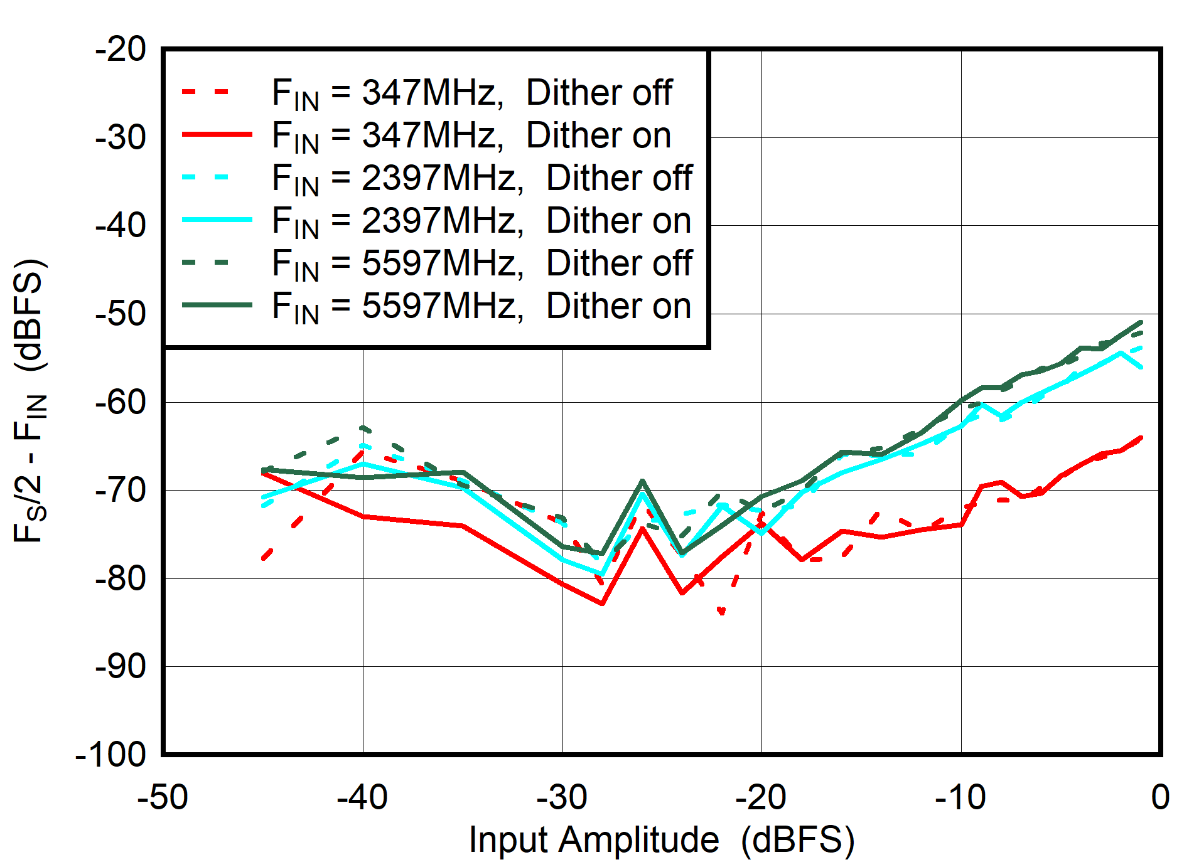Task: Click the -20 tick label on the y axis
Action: (x=121, y=50)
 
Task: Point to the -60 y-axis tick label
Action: (x=121, y=402)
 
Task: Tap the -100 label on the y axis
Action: (x=110, y=755)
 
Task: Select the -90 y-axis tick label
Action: (x=121, y=666)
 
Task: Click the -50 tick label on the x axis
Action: (x=163, y=798)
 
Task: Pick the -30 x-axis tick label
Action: (x=562, y=798)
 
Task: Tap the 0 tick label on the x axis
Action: (x=1160, y=798)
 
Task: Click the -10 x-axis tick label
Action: (x=960, y=798)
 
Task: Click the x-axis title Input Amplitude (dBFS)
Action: (x=661, y=840)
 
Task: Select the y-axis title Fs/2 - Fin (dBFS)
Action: (x=30, y=400)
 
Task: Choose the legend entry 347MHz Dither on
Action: (x=471, y=136)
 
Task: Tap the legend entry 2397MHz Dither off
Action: (x=481, y=179)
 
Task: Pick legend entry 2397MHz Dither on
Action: (x=481, y=221)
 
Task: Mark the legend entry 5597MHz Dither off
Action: (x=481, y=263)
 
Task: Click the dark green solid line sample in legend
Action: (x=217, y=306)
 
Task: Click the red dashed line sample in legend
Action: (x=207, y=92)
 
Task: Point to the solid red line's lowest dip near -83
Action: (x=602, y=604)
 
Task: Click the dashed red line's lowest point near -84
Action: (x=722, y=612)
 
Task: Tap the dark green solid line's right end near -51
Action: (x=1141, y=322)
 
